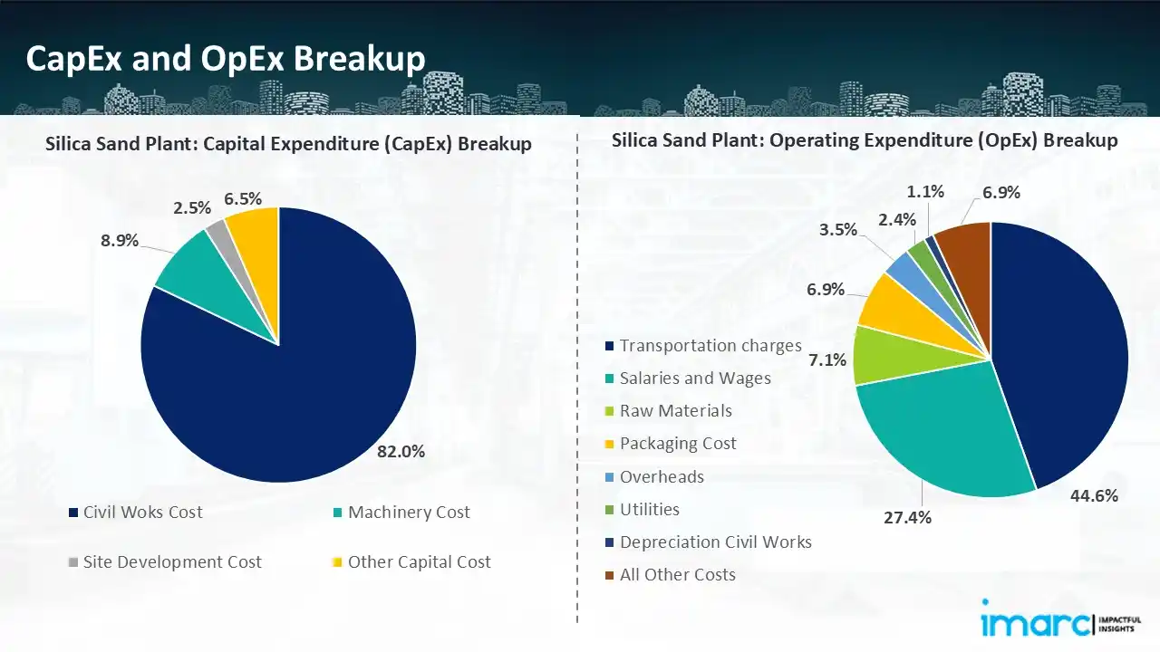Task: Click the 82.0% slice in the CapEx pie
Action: point(299,380)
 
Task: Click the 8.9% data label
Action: point(119,240)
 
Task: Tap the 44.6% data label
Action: point(1094,495)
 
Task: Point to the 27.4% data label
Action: point(907,517)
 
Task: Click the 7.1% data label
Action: point(827,360)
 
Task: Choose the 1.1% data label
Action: point(925,191)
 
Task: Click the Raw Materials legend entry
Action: point(675,411)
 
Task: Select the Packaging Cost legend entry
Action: point(678,444)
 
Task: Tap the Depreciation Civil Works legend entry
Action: point(715,542)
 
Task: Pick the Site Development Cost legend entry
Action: point(171,562)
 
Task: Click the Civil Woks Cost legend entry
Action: point(142,513)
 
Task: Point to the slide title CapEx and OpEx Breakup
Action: point(226,58)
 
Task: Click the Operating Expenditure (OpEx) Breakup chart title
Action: point(865,140)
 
